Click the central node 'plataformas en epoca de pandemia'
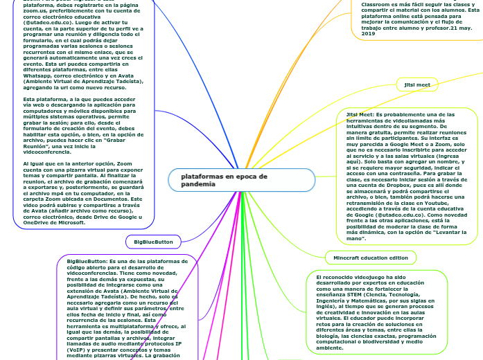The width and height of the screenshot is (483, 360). [x=204, y=181]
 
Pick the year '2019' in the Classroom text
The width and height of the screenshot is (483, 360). [x=368, y=33]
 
